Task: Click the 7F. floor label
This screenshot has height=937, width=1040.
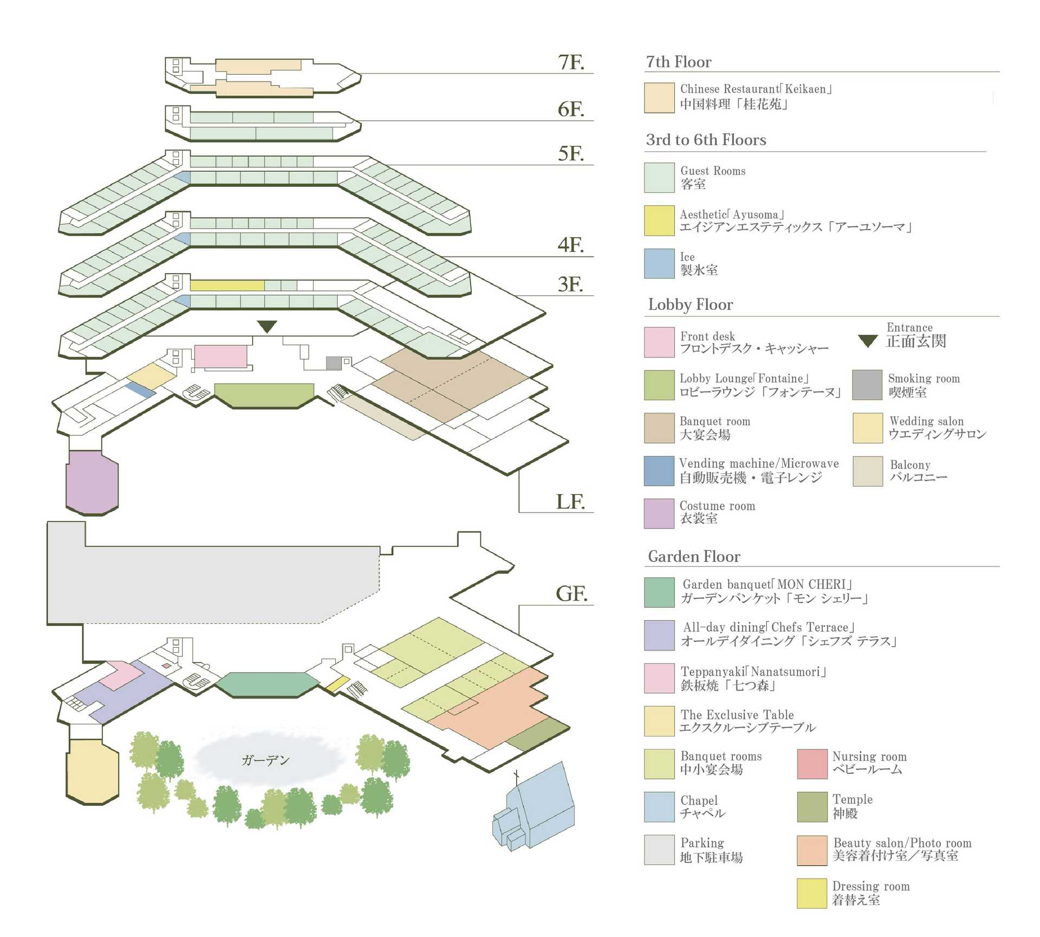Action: [x=571, y=62]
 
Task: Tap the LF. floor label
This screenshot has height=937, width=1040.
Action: [x=570, y=502]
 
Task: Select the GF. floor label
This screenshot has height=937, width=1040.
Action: [x=571, y=594]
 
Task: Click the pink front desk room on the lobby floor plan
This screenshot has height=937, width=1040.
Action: [x=220, y=356]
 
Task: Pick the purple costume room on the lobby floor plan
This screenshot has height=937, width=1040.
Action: [x=92, y=481]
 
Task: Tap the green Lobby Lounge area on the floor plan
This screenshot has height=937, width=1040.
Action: [x=264, y=395]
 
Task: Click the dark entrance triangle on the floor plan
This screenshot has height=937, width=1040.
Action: [x=267, y=326]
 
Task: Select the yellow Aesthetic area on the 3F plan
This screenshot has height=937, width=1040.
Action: [x=227, y=285]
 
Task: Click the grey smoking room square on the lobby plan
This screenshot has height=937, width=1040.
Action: [x=334, y=363]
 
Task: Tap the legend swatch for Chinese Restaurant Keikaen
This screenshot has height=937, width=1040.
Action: [x=659, y=97]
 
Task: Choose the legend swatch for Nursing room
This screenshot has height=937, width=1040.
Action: [x=812, y=764]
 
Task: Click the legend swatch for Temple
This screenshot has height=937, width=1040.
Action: [x=812, y=806]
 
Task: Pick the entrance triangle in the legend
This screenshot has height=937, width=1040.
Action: [x=868, y=341]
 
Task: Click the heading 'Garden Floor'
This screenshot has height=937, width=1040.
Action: [x=694, y=556]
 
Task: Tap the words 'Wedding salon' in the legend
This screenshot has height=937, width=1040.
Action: [x=926, y=421]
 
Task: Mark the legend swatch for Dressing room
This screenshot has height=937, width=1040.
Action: [x=812, y=893]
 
